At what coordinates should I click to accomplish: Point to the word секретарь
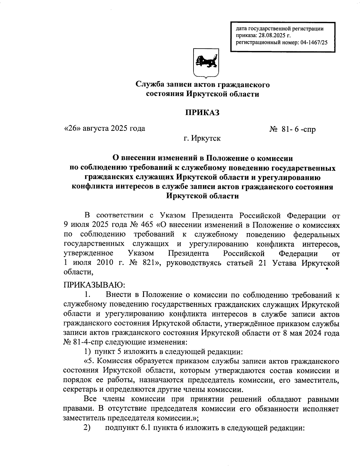tap(79, 389)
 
